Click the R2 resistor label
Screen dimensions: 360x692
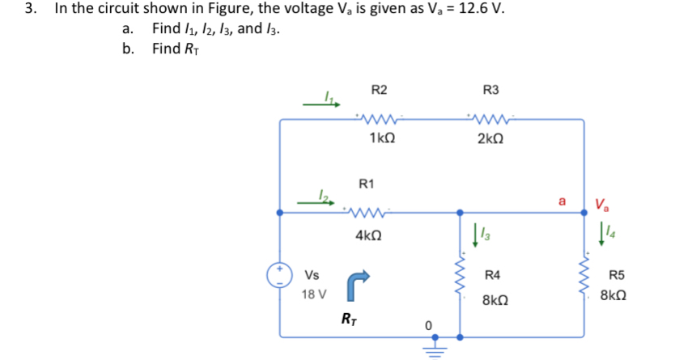[x=379, y=89]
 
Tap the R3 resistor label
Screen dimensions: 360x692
[x=490, y=89]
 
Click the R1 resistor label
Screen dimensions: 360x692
[x=367, y=184]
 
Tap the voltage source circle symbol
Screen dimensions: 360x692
[x=280, y=274]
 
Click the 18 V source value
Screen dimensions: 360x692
[x=314, y=294]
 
